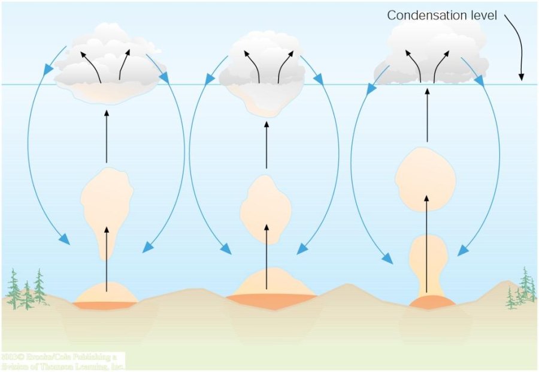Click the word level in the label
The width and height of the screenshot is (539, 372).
tap(480, 15)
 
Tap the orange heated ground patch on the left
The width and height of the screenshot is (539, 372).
tap(104, 305)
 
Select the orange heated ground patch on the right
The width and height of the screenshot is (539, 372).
tap(431, 302)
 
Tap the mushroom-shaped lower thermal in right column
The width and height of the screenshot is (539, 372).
tap(427, 258)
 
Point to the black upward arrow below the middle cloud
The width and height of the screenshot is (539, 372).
tap(266, 144)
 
